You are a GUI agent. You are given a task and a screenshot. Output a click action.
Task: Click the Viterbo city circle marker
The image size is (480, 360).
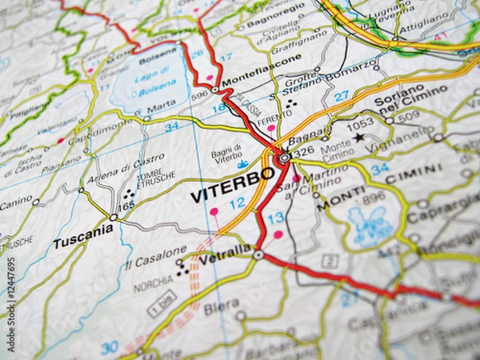click(x=284, y=158)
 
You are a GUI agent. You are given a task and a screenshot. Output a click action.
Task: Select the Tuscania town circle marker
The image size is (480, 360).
click(x=114, y=217)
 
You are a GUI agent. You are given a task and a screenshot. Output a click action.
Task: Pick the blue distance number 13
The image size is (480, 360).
click(x=275, y=218)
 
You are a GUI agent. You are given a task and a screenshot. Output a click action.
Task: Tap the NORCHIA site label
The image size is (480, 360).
click(x=153, y=284)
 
